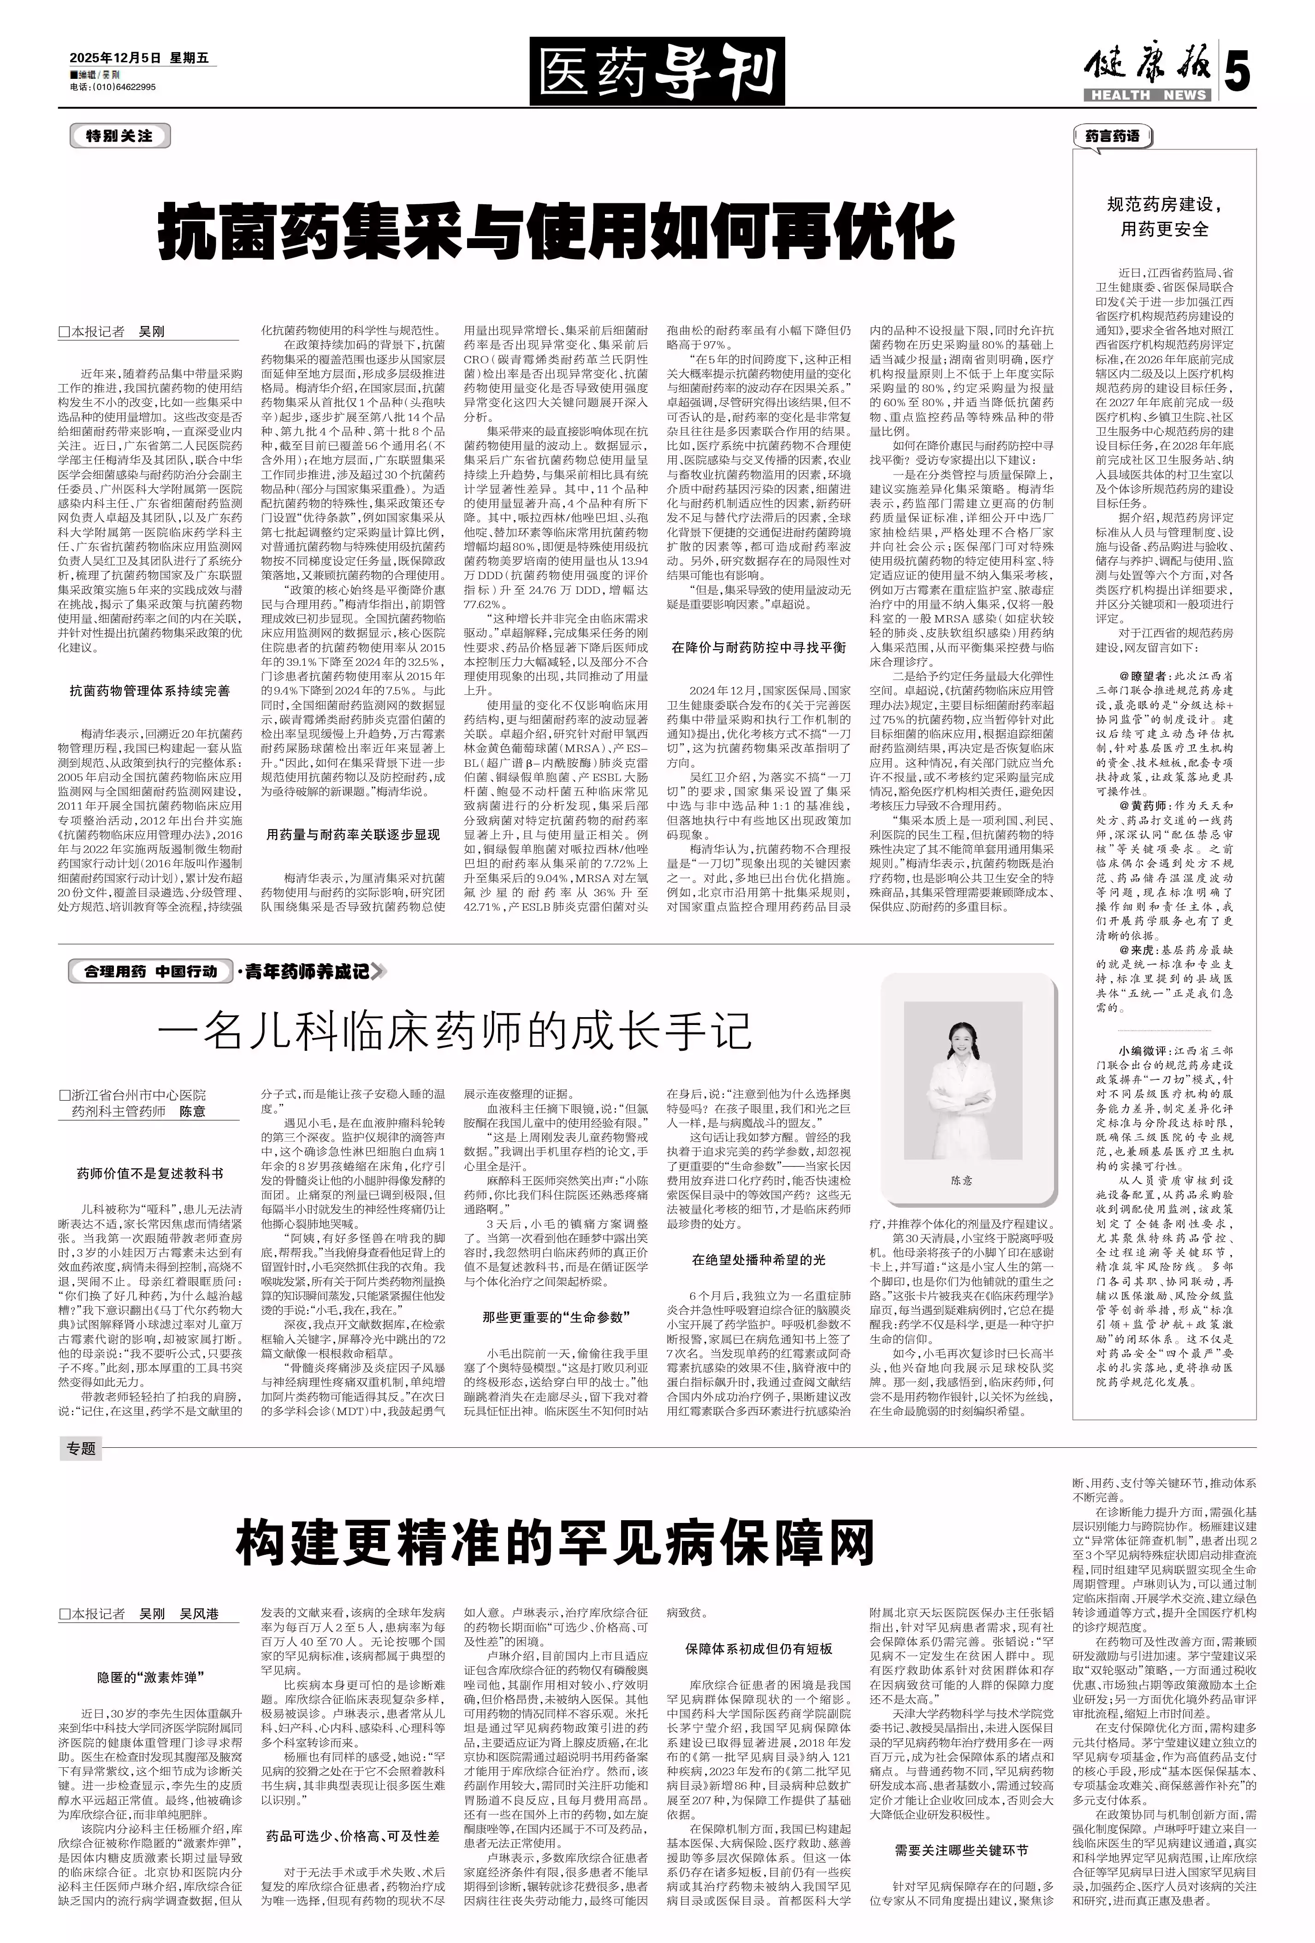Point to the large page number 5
pyautogui.click(x=1237, y=74)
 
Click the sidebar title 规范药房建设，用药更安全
pyautogui.click(x=1164, y=217)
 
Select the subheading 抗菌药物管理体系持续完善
pyautogui.click(x=150, y=691)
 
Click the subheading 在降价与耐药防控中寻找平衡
pyautogui.click(x=758, y=647)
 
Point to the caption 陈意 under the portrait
pyautogui.click(x=961, y=1179)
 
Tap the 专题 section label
pyautogui.click(x=81, y=1449)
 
